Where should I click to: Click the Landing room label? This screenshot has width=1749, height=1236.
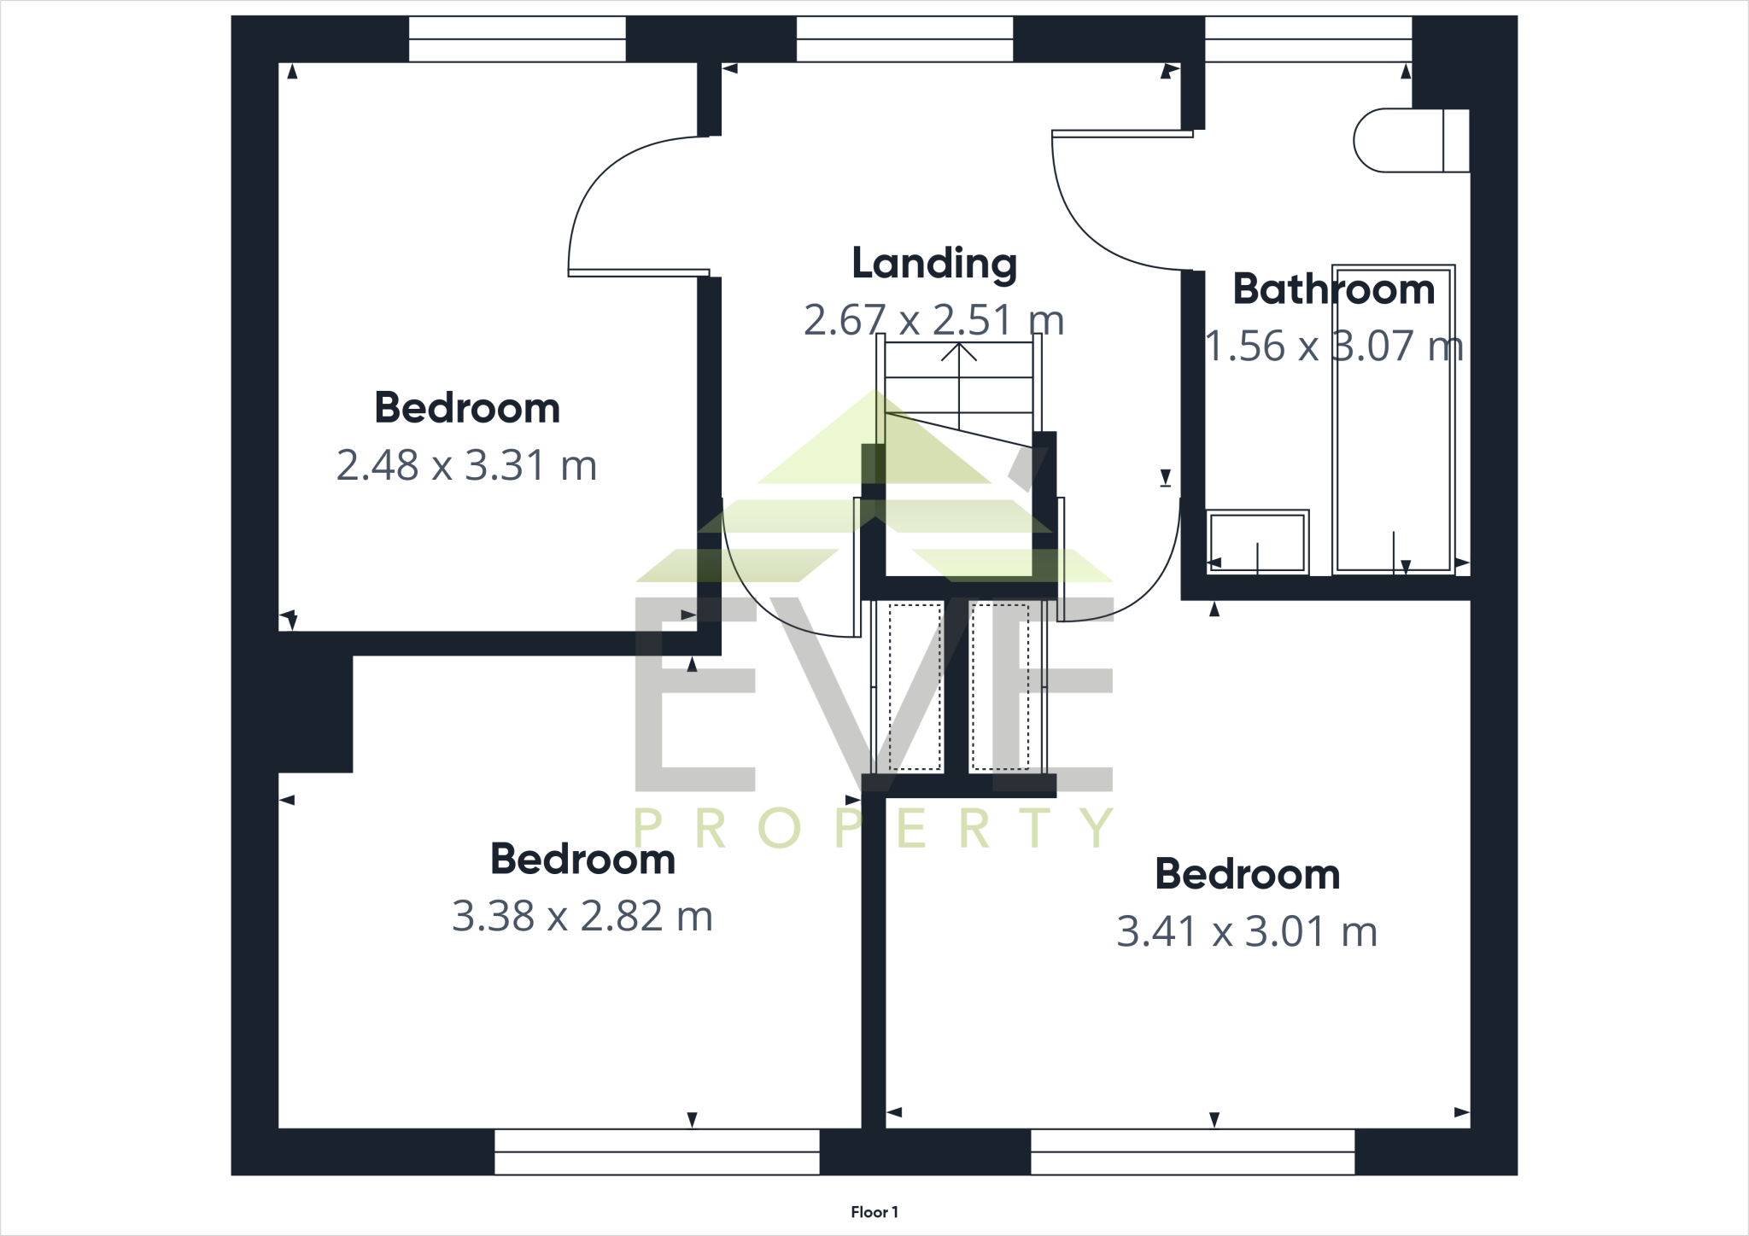pyautogui.click(x=934, y=264)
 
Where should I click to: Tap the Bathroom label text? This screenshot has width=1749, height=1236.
pyautogui.click(x=1333, y=289)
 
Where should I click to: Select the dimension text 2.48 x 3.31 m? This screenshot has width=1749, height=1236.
pyautogui.click(x=466, y=466)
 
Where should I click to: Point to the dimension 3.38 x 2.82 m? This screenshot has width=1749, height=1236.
pyautogui.click(x=582, y=917)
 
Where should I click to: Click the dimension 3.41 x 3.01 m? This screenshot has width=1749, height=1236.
pyautogui.click(x=1247, y=932)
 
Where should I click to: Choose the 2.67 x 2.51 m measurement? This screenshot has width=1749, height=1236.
pyautogui.click(x=933, y=321)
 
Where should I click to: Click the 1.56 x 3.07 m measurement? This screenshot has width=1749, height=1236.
pyautogui.click(x=1333, y=347)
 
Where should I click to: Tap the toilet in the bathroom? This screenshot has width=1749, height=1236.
pyautogui.click(x=1409, y=141)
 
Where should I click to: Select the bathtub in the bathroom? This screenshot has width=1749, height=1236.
pyautogui.click(x=1393, y=418)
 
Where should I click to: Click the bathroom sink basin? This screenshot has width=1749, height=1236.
pyautogui.click(x=1256, y=542)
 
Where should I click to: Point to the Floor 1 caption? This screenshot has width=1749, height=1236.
pyautogui.click(x=874, y=1212)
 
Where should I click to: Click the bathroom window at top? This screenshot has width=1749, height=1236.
pyautogui.click(x=1307, y=39)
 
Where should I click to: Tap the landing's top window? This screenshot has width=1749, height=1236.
pyautogui.click(x=904, y=39)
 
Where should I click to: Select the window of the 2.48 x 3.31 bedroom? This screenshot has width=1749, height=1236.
pyautogui.click(x=517, y=39)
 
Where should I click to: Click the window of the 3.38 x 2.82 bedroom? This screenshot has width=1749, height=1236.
pyautogui.click(x=657, y=1151)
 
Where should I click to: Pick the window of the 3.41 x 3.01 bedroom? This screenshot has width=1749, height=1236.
pyautogui.click(x=1192, y=1151)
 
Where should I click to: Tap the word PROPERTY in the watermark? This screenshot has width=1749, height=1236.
pyautogui.click(x=874, y=828)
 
